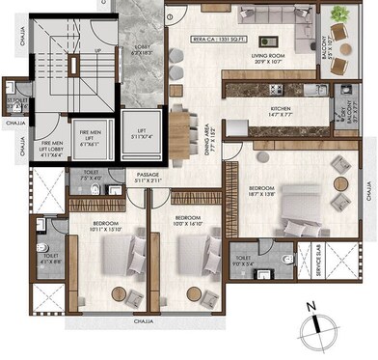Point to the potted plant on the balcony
coord(339,14)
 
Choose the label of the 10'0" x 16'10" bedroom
coord(187,222)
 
